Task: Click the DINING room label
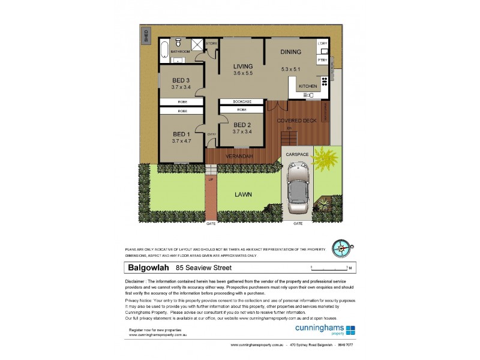pyautogui.click(x=290, y=52)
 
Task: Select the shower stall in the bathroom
pyautogui.click(x=196, y=45)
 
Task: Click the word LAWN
pyautogui.click(x=243, y=194)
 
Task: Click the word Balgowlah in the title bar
pyautogui.click(x=146, y=268)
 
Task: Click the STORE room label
pyautogui.click(x=211, y=44)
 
